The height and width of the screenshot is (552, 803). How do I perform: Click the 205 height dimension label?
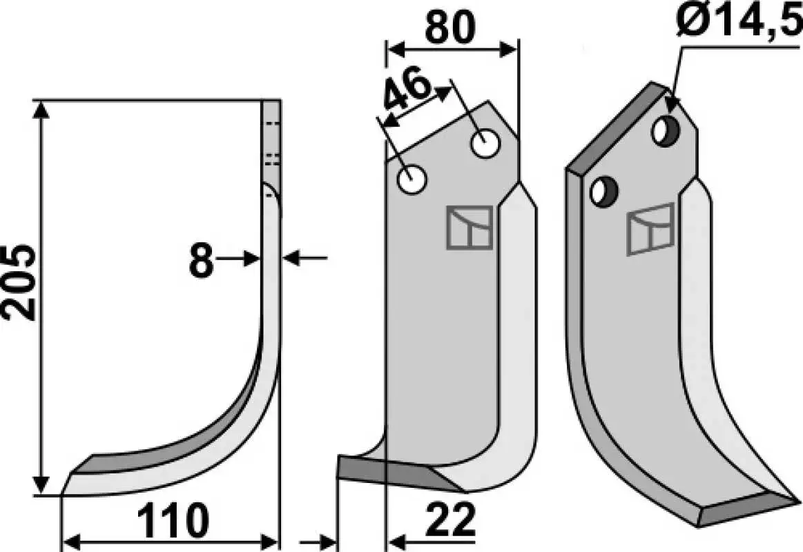19,282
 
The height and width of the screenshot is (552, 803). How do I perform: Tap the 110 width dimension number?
174,521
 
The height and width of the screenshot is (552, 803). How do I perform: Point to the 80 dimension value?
450,28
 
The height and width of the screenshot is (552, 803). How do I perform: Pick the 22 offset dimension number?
451,521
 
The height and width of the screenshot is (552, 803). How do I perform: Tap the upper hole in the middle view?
485,144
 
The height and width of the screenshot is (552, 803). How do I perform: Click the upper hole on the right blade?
666,132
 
